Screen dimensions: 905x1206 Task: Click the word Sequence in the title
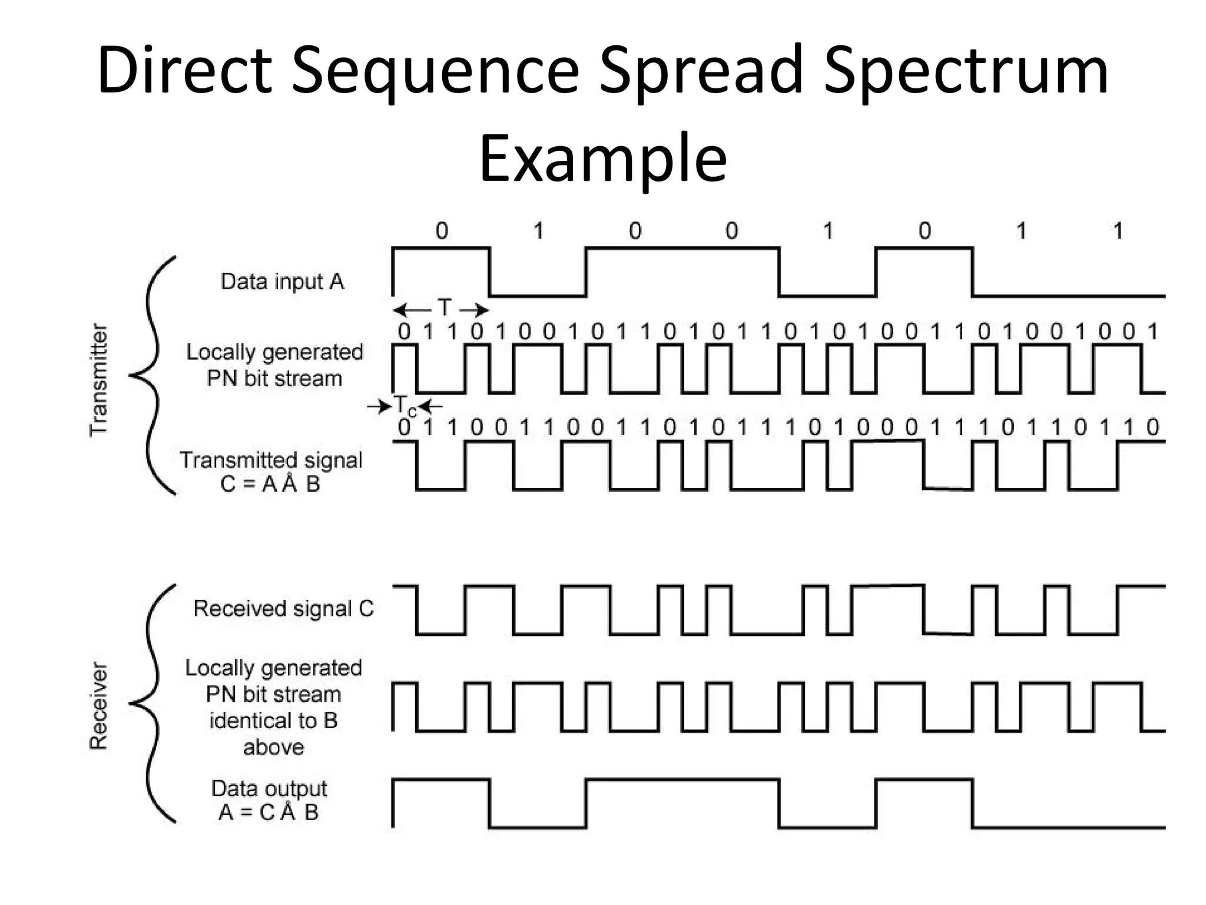(436, 72)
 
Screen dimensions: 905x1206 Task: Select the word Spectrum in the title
(966, 72)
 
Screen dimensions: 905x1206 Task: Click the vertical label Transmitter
(99, 380)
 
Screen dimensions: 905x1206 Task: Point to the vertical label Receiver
(99, 705)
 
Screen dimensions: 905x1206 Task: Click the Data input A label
(282, 282)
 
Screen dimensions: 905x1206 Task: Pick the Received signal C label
(283, 609)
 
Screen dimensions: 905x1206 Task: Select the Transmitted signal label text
(271, 460)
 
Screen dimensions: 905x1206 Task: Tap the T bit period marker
(443, 308)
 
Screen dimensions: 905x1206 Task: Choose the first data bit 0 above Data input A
(442, 230)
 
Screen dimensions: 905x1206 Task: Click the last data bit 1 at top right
(1118, 230)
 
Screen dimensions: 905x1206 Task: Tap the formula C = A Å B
(270, 484)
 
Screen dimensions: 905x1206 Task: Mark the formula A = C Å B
(269, 812)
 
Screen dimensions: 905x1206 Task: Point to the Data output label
(269, 788)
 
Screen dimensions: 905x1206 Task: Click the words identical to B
(273, 721)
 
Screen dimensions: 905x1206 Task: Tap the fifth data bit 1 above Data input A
(828, 230)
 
